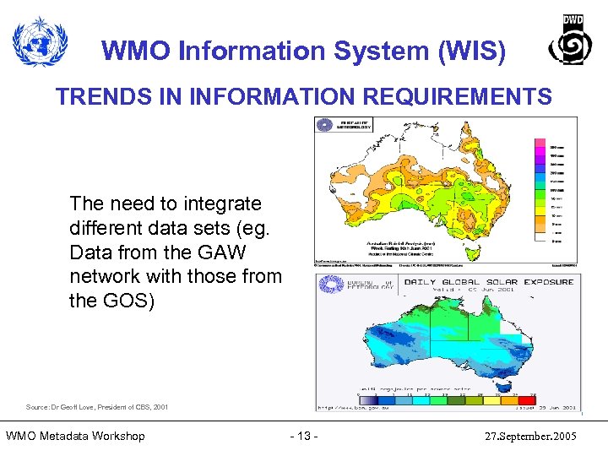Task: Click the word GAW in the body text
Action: (x=229, y=252)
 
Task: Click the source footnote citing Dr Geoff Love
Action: (x=97, y=407)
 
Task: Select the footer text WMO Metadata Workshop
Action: (x=75, y=436)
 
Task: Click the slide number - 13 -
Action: (x=303, y=436)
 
